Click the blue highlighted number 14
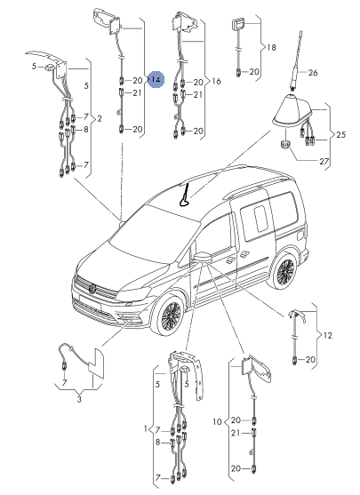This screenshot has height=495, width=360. (x=156, y=79)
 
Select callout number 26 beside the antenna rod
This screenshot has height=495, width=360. (x=313, y=73)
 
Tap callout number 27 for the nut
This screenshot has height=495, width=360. (x=324, y=162)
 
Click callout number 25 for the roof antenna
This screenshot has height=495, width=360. (x=340, y=134)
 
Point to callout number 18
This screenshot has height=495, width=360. (x=271, y=47)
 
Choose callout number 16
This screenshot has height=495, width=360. (x=216, y=81)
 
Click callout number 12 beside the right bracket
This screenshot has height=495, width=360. (x=328, y=335)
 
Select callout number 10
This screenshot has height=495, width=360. (x=217, y=422)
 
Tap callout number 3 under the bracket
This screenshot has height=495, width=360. (x=79, y=399)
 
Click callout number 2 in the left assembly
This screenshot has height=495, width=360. (x=100, y=119)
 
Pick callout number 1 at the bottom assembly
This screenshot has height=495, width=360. (x=146, y=428)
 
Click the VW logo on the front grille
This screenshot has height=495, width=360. (x=92, y=288)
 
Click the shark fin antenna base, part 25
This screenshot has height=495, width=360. (x=292, y=111)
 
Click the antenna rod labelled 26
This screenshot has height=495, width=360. (x=296, y=60)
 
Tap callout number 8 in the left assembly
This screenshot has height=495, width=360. (x=86, y=130)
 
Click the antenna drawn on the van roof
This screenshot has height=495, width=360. (x=185, y=196)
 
